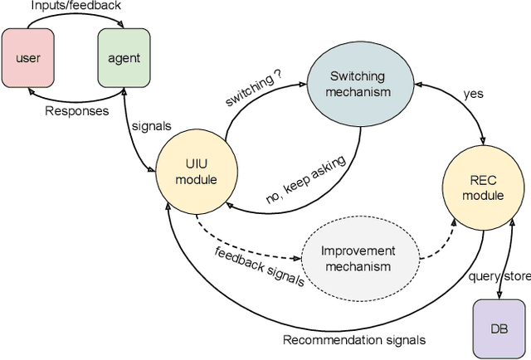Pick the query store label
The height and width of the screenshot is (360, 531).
[x=498, y=276]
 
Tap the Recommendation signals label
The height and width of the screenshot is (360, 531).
[x=353, y=339]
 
